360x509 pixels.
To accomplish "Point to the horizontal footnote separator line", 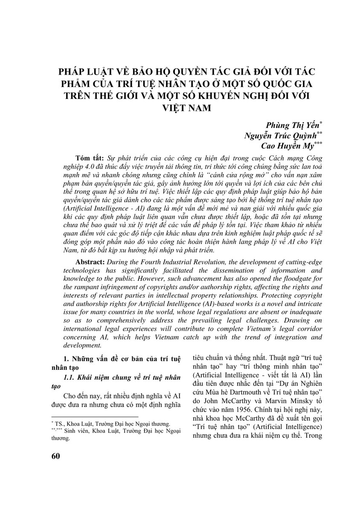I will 94,417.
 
